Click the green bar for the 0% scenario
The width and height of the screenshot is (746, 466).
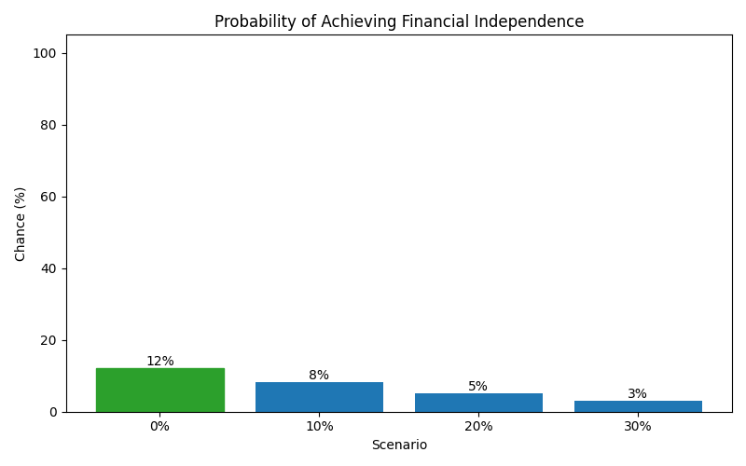pyautogui.click(x=159, y=390)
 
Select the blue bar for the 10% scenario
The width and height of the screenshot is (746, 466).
pyautogui.click(x=319, y=397)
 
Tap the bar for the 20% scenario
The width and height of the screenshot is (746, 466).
pyautogui.click(x=478, y=403)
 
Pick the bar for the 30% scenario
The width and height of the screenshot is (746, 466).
pyautogui.click(x=638, y=406)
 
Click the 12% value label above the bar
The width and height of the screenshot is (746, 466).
pyautogui.click(x=159, y=362)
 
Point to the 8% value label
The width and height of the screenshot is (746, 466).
pyautogui.click(x=319, y=376)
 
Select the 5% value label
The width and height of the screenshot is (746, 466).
pyautogui.click(x=478, y=387)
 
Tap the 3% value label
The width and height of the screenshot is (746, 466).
pyautogui.click(x=638, y=394)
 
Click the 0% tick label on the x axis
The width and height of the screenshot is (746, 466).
pyautogui.click(x=159, y=426)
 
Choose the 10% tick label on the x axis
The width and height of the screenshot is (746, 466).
pyautogui.click(x=319, y=426)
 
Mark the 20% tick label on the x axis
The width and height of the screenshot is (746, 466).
pyautogui.click(x=478, y=426)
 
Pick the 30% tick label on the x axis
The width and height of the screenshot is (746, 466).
pyautogui.click(x=638, y=426)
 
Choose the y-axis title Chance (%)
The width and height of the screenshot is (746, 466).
pyautogui.click(x=21, y=224)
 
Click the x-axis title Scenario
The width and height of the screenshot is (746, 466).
pyautogui.click(x=399, y=445)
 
